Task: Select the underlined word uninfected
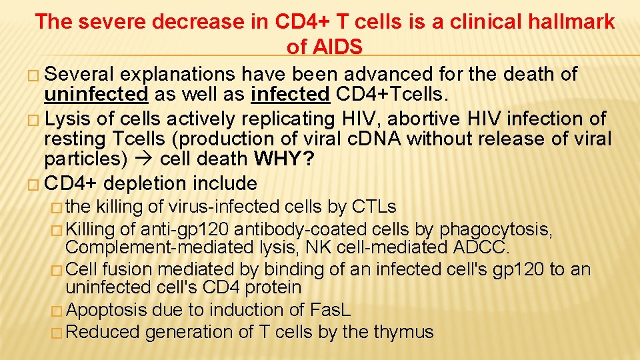point(96,95)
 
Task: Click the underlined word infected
point(291,95)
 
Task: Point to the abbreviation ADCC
point(480,248)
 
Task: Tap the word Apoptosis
point(108,310)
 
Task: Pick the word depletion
point(146,183)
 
